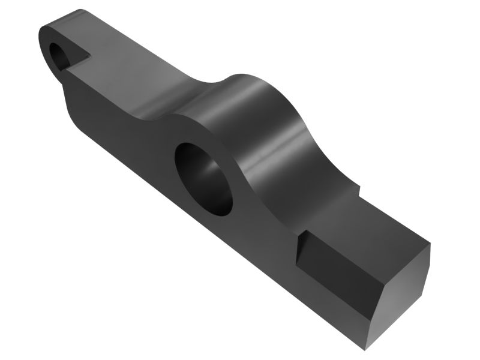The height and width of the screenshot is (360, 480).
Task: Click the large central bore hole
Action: pos(203,178)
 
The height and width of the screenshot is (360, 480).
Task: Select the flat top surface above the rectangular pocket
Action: pos(384,222)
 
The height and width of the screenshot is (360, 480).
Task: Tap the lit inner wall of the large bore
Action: pos(213,186)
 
